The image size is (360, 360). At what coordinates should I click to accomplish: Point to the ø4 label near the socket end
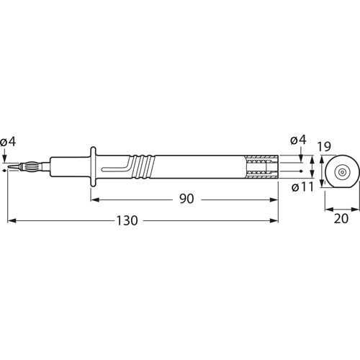pos(297,140)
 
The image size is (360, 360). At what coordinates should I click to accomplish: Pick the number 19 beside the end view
pos(323,147)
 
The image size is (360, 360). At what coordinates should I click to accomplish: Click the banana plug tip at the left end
pos(22,168)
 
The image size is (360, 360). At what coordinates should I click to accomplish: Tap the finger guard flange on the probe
pos(92,168)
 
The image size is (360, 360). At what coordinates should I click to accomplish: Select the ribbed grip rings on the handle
pos(144,168)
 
